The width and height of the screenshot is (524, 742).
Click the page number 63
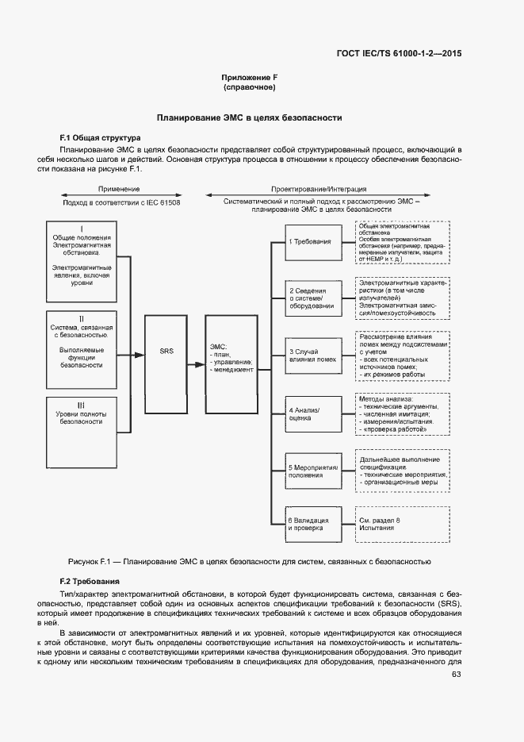[x=456, y=675]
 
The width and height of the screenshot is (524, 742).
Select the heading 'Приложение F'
[x=249, y=77]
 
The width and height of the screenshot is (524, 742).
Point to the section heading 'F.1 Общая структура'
[x=100, y=137]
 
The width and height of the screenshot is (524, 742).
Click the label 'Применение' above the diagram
[x=119, y=189]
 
